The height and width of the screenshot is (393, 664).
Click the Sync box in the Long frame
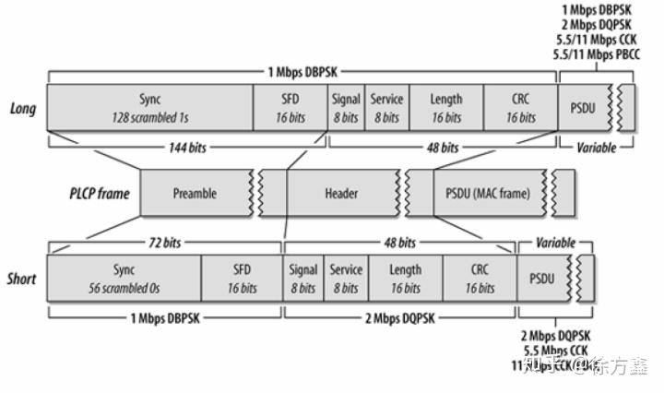point(149,108)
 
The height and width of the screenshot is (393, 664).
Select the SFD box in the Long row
point(290,108)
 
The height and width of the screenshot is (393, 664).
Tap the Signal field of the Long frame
point(346,108)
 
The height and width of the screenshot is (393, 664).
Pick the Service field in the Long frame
point(386,108)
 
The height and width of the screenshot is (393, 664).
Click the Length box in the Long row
point(446,108)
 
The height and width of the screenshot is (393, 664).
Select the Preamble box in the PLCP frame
point(195,194)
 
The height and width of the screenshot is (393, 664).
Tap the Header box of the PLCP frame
point(340,194)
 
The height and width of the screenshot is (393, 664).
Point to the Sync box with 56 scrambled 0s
point(124,279)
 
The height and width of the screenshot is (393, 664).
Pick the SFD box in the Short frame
point(242,279)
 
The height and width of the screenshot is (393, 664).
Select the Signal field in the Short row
point(303,279)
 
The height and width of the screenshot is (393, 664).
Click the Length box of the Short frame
point(405,279)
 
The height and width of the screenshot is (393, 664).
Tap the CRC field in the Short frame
point(480,279)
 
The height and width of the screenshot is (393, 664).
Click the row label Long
point(22,109)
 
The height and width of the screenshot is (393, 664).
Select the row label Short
point(22,279)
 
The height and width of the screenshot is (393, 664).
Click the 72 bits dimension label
point(164,243)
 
